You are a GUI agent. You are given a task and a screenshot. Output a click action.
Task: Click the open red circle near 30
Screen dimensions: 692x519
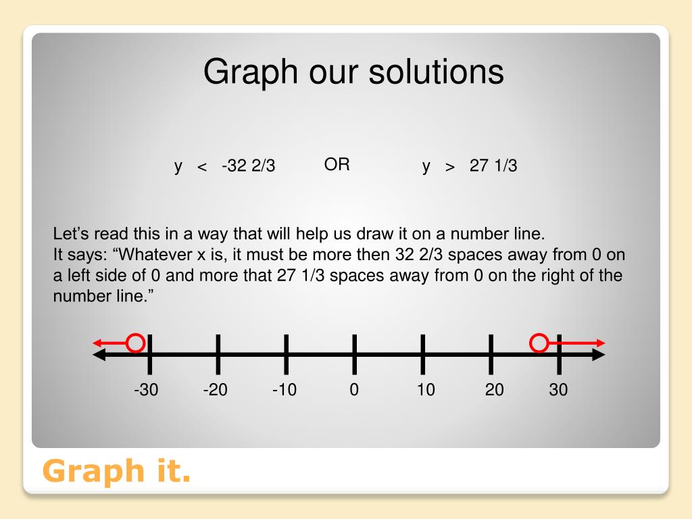click(x=530, y=343)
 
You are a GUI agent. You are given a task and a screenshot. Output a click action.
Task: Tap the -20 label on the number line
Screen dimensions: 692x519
click(x=216, y=390)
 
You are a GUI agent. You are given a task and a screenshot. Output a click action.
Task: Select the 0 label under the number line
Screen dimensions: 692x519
click(x=354, y=390)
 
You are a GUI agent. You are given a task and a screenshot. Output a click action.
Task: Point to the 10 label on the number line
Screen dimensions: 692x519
click(x=426, y=390)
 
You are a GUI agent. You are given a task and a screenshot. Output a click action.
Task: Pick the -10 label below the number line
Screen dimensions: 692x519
click(x=285, y=390)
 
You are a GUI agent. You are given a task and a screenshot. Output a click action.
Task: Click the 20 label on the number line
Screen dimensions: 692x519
click(x=494, y=390)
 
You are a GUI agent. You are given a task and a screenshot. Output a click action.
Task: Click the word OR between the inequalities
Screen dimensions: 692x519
click(x=337, y=165)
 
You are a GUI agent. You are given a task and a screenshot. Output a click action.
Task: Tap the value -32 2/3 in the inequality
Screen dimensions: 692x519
click(x=249, y=166)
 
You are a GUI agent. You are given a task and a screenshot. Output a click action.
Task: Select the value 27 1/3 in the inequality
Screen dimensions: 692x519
click(x=493, y=166)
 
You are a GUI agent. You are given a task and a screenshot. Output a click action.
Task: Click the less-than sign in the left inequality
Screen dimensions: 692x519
click(x=202, y=167)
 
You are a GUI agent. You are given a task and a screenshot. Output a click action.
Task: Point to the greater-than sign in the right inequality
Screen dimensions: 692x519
click(x=449, y=167)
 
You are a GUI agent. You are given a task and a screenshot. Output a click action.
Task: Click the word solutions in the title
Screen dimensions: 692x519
click(x=436, y=72)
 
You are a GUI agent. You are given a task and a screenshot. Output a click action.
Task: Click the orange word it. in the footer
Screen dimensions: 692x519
click(x=174, y=470)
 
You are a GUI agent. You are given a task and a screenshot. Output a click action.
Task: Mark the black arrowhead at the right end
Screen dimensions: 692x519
click(x=599, y=354)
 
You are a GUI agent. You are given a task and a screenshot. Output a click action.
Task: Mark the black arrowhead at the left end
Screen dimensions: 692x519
click(x=99, y=354)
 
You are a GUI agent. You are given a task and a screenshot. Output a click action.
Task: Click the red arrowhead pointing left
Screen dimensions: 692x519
click(x=97, y=343)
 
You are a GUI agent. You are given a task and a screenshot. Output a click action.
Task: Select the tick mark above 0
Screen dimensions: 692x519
click(x=354, y=354)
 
